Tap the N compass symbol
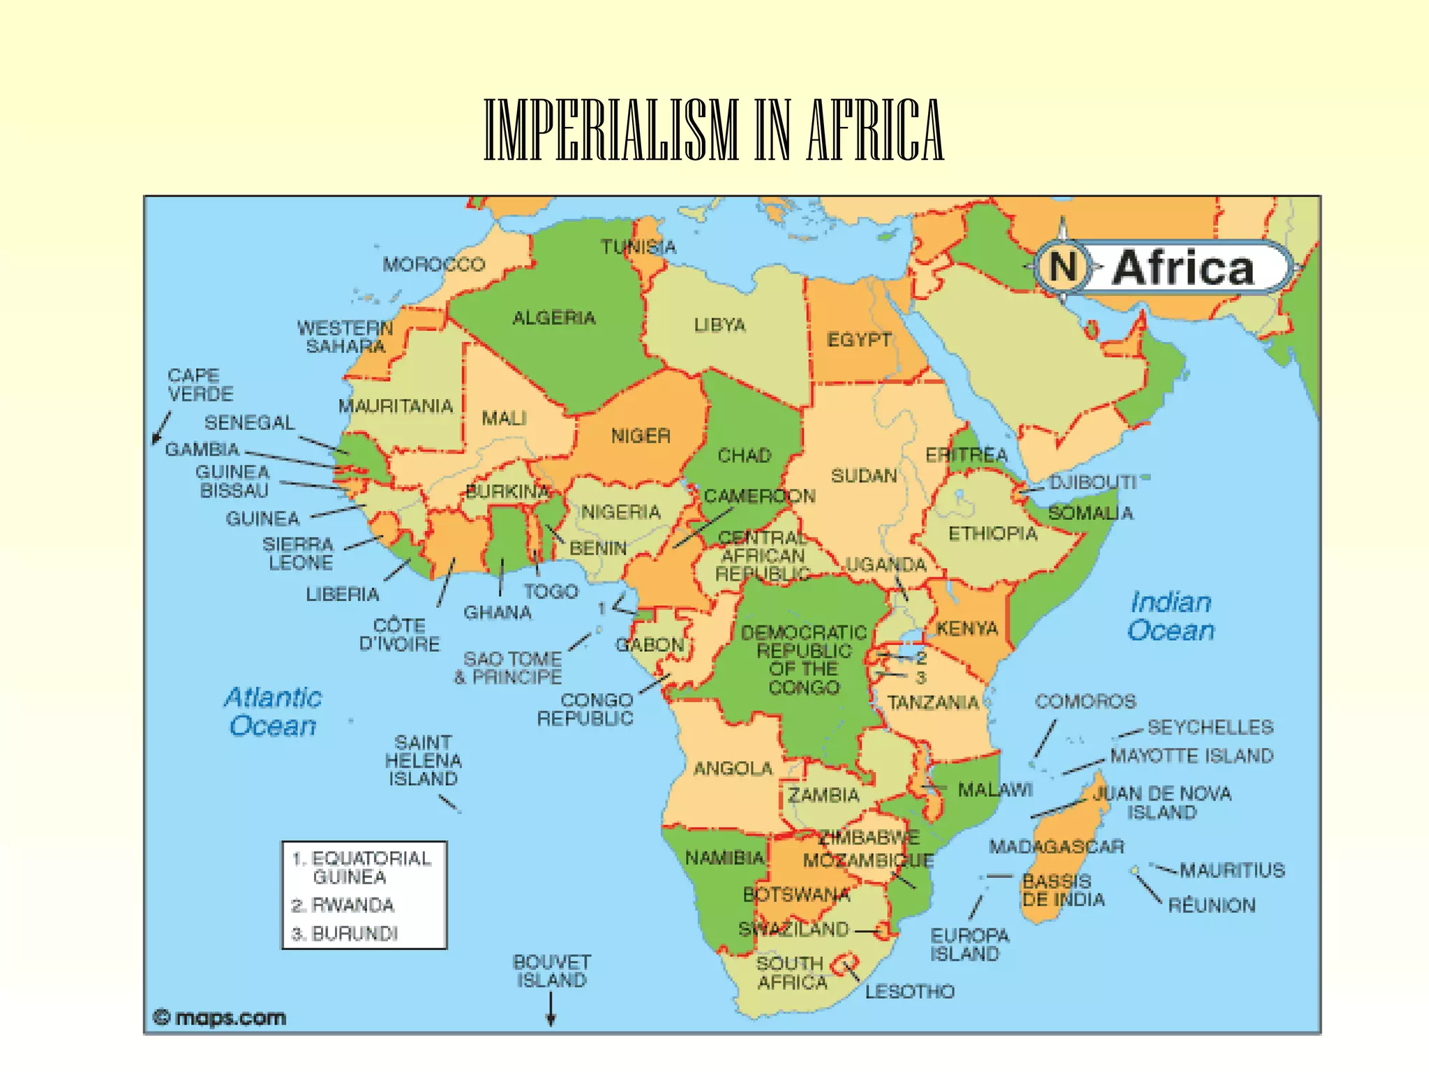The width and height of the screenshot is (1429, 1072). click(x=1063, y=267)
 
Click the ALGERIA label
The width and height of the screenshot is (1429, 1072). click(x=554, y=318)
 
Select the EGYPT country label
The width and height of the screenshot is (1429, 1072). click(x=859, y=340)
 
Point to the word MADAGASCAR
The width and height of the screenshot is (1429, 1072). click(x=1056, y=847)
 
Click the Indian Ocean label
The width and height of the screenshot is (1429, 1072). click(x=1171, y=616)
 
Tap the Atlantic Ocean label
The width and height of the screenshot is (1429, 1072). click(x=273, y=711)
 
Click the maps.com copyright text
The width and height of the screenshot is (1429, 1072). click(x=220, y=1018)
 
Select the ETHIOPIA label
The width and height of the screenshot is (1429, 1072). click(x=992, y=534)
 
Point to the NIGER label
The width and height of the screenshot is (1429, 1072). click(x=641, y=436)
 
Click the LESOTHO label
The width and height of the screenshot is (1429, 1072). click(x=909, y=991)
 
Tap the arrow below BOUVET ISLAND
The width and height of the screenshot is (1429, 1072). click(x=551, y=1009)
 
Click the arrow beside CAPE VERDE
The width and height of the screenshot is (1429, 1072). click(x=161, y=427)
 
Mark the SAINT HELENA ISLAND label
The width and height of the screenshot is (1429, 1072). click(x=423, y=760)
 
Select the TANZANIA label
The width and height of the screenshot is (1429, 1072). click(x=933, y=702)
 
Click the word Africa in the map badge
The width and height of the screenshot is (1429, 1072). click(x=1183, y=268)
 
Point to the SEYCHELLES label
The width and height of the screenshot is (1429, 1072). click(x=1210, y=727)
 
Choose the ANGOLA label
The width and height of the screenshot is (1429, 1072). click(x=733, y=768)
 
